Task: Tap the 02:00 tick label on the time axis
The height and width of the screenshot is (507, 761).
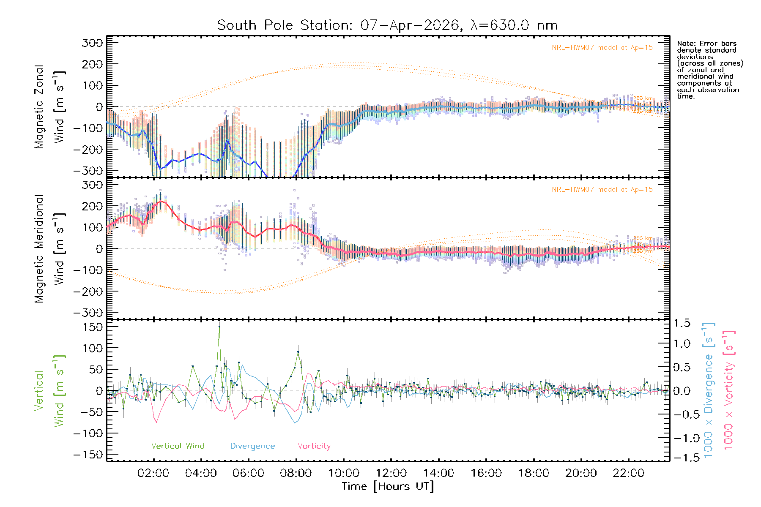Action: coord(153,473)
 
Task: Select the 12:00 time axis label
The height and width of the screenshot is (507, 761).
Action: coord(391,473)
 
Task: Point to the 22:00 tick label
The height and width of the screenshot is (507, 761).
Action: coord(629,473)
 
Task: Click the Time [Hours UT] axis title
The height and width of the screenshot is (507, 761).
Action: coord(388,486)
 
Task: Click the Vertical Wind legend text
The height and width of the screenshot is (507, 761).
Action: coord(178,446)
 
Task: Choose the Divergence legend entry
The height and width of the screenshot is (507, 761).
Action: coord(252,446)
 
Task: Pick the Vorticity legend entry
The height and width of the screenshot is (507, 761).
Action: coord(314,446)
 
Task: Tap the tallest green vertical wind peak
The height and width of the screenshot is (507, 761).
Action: coord(219,327)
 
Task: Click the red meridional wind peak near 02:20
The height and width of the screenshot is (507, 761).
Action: coord(162,201)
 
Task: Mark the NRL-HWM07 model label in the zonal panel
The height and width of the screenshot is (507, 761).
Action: coord(602,48)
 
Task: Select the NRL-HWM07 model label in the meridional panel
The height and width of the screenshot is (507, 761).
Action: coord(602,190)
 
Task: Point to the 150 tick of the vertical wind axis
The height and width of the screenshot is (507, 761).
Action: coord(93,327)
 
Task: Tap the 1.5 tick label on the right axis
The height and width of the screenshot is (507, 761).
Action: coord(682,323)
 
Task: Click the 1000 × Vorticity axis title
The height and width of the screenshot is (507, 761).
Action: coord(729,390)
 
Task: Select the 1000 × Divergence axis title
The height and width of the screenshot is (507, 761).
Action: coord(709,390)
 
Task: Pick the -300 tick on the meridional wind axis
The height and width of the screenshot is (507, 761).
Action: coord(88,313)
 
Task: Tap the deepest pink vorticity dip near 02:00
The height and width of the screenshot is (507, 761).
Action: coord(156,422)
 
